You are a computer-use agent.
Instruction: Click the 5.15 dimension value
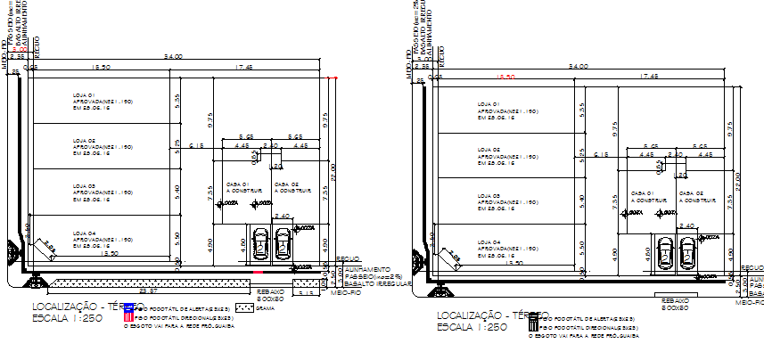click(x=308, y=292)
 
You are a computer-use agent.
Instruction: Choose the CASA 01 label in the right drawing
click(x=641, y=192)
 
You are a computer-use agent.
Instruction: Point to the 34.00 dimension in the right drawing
click(x=578, y=67)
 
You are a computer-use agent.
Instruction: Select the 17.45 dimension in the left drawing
click(x=243, y=68)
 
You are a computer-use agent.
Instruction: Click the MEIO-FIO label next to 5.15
click(x=345, y=291)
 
